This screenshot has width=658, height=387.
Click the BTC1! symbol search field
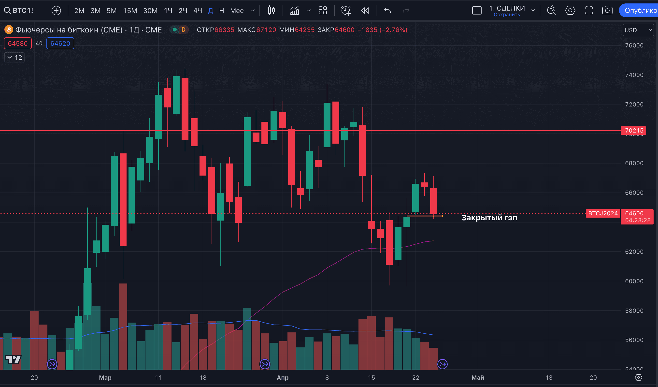point(19,11)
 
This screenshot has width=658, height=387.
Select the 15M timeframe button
point(130,11)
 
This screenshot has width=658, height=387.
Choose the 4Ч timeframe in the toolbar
point(197,11)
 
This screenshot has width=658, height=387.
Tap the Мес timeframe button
point(237,11)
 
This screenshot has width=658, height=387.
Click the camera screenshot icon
point(607,11)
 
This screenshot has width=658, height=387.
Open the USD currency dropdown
point(638,30)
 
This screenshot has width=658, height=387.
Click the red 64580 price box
point(18,43)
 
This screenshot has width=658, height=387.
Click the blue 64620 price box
point(60,43)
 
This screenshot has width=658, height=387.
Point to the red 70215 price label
point(634,130)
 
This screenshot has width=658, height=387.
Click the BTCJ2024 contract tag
point(603,213)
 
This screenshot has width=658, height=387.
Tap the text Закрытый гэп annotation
point(489,218)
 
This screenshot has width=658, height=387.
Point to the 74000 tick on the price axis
point(634,75)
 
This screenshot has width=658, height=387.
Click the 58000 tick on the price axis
point(634,311)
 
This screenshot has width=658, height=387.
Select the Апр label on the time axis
point(283,378)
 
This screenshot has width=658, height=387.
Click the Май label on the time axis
point(478,378)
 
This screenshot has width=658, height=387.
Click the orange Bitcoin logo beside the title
point(9,30)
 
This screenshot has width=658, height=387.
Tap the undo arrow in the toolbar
point(387,11)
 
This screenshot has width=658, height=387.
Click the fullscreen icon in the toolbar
point(588,11)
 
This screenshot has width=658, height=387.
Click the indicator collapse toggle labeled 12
point(15,58)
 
